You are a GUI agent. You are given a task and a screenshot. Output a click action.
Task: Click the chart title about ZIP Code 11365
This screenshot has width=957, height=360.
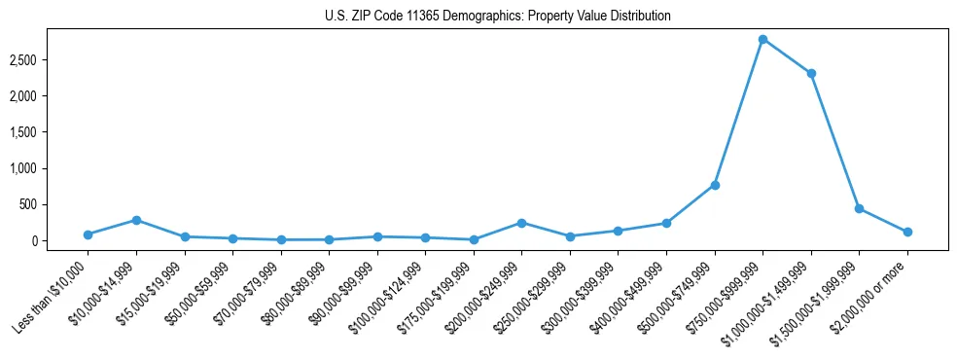point(497,17)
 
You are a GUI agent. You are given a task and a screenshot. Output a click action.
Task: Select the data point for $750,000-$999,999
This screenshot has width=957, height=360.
point(762,39)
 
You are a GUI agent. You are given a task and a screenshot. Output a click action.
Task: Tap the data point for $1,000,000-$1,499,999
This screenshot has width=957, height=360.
point(811,73)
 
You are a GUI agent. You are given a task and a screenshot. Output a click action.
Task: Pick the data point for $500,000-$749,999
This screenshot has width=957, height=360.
point(715,185)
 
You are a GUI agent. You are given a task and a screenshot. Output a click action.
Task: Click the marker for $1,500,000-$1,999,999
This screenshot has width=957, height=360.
point(859,208)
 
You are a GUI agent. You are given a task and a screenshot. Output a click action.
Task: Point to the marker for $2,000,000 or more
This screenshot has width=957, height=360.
point(907,232)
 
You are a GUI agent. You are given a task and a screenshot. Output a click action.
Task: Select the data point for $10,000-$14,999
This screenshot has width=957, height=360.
point(136,220)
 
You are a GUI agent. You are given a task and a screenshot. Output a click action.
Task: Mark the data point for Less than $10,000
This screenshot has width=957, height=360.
point(89,234)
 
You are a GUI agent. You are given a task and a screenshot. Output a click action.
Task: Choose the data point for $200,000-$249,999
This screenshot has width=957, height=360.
point(522,223)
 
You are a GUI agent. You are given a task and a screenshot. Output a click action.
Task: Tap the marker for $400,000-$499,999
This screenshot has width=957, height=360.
point(666,223)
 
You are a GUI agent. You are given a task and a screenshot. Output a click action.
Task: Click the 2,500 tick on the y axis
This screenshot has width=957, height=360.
point(49,60)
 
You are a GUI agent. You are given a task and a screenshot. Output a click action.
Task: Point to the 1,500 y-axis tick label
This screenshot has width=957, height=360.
point(49,132)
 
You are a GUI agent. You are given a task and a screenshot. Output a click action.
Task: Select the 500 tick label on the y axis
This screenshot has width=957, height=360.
point(54,204)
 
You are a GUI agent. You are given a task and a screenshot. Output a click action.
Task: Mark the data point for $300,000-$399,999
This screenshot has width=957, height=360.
point(619,231)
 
